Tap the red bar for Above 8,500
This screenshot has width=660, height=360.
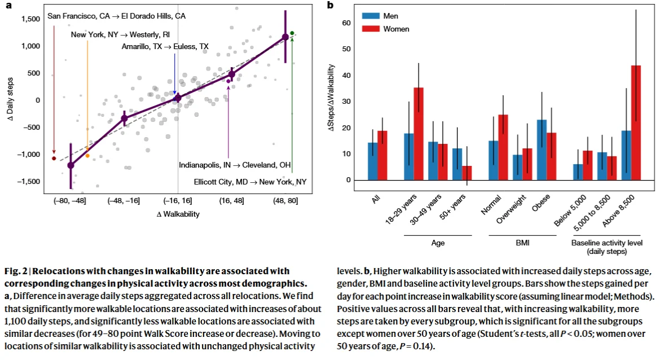[636, 122]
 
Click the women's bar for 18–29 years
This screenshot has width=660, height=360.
[418, 134]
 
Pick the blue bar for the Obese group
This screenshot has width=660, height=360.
[542, 150]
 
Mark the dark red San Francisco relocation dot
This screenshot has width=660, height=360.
[54, 159]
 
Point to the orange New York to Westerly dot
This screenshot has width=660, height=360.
[87, 156]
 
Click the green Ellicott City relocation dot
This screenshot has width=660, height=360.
[292, 33]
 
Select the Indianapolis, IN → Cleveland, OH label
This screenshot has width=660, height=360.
[235, 165]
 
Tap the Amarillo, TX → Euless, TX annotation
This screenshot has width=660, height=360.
[165, 47]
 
